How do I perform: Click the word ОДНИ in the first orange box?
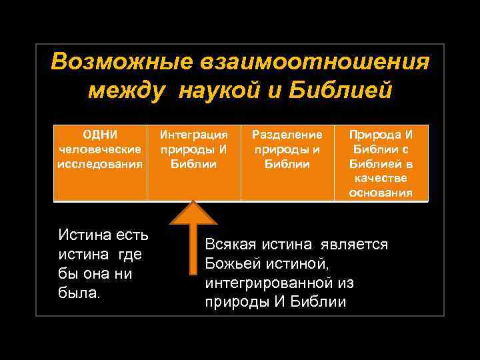click(99, 135)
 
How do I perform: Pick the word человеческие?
click(99, 149)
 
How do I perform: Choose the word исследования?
click(99, 163)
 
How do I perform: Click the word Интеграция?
click(193, 135)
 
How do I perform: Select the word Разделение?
click(287, 135)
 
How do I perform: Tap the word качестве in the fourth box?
click(381, 178)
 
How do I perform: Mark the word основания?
click(381, 193)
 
